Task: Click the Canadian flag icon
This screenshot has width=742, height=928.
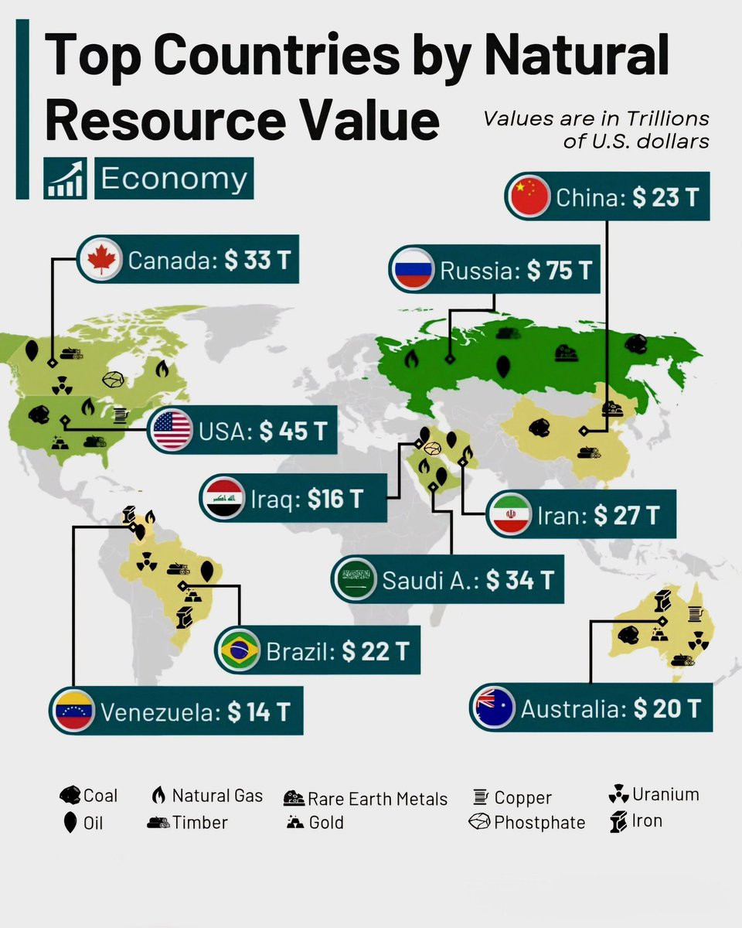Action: tap(100, 260)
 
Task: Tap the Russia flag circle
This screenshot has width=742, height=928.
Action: tap(412, 270)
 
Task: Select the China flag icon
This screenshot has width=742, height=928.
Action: tap(529, 196)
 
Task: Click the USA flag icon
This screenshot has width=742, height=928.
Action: tap(172, 431)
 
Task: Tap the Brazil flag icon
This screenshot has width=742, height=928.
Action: tap(240, 651)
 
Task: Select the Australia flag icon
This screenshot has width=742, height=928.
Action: tap(495, 708)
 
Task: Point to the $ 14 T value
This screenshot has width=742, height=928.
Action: tap(259, 711)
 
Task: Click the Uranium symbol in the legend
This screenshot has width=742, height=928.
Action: tap(618, 794)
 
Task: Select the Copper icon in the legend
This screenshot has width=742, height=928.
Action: tap(481, 797)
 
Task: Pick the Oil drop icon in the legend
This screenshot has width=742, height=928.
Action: tap(70, 823)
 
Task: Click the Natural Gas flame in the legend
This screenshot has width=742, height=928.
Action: tap(158, 796)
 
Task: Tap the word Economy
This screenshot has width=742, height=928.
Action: tap(173, 179)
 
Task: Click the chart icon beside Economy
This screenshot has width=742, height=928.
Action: tap(65, 179)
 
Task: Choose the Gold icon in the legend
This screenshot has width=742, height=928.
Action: tap(294, 822)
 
